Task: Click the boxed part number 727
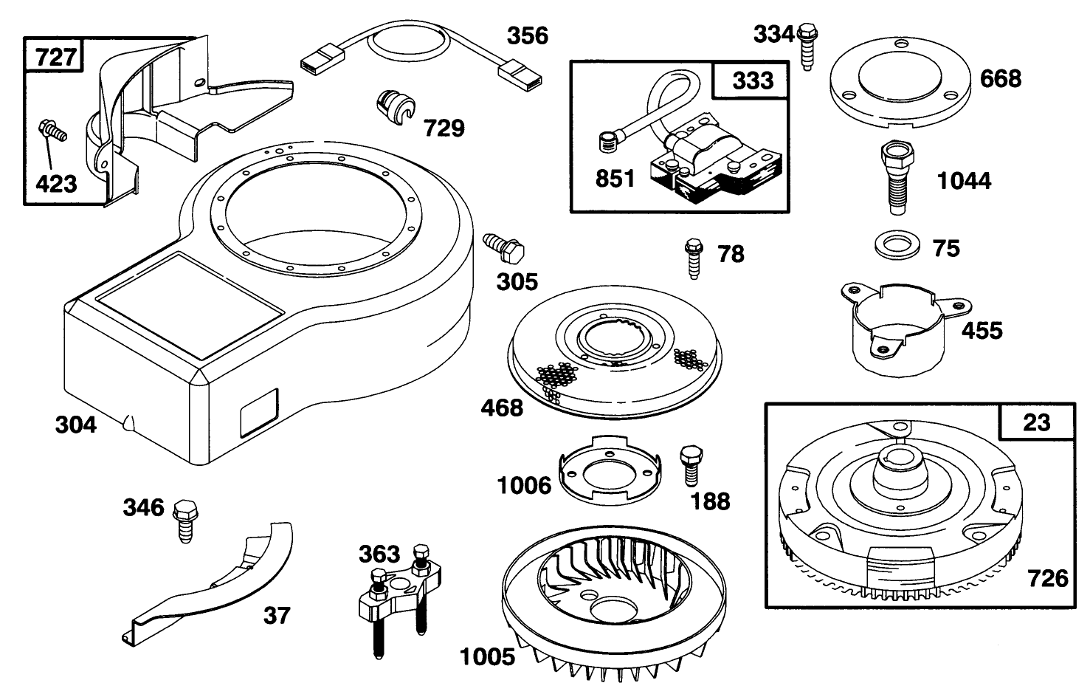pos(55,56)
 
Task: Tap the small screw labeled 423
pos(52,133)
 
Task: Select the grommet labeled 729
pos(394,106)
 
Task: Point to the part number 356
pos(527,35)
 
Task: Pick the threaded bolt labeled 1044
pos(894,176)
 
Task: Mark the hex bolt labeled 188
pos(689,464)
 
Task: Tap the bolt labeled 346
pos(182,519)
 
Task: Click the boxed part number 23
pos(1036,422)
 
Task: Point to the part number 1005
pos(486,656)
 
